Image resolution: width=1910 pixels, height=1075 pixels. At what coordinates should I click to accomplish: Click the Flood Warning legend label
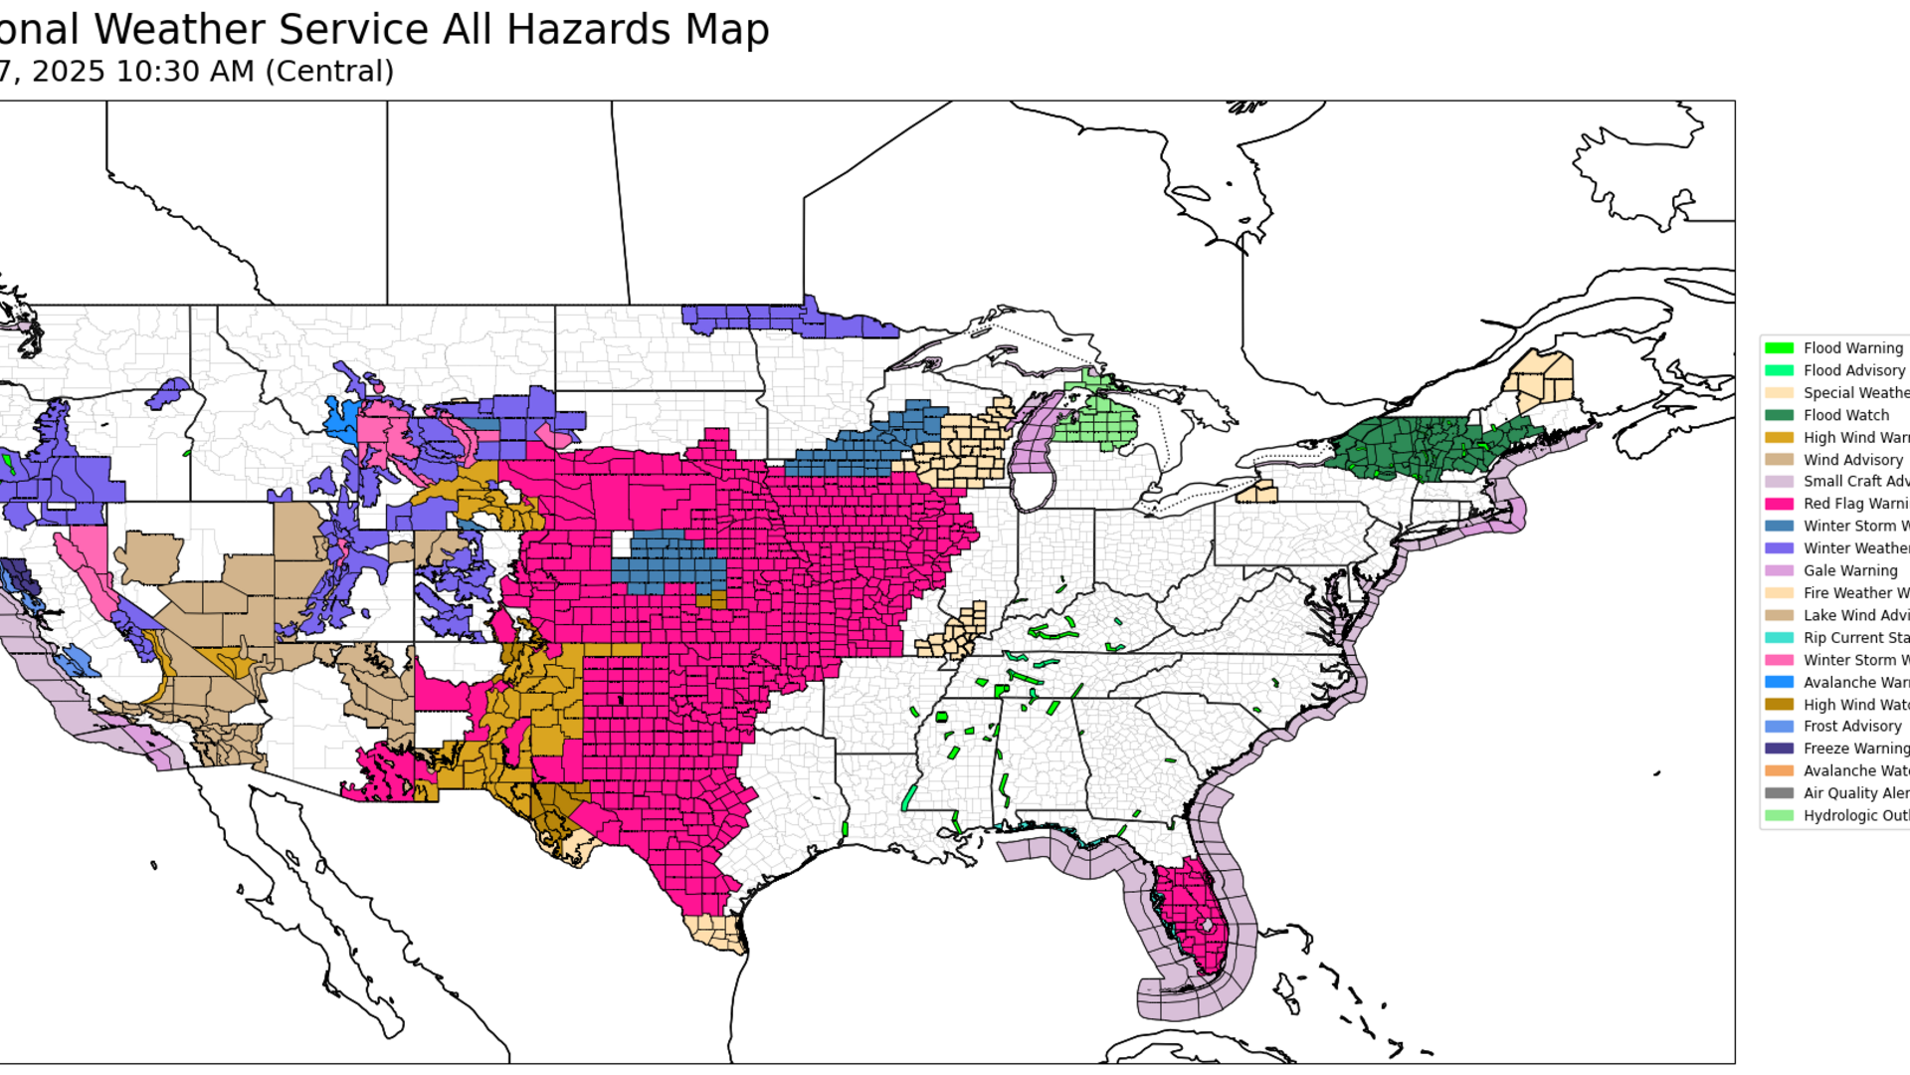point(1852,348)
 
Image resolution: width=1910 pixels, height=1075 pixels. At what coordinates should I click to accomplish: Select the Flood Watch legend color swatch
point(1779,415)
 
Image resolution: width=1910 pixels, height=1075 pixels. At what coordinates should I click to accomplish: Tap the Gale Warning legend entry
point(1849,571)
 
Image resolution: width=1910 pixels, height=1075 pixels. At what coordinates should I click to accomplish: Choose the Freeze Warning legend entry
point(1855,749)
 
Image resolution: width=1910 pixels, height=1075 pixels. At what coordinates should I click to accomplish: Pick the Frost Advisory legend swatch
point(1779,727)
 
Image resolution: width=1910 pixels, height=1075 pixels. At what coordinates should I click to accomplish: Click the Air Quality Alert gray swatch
point(1779,793)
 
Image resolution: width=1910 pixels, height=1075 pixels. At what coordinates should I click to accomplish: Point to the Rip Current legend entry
point(1855,638)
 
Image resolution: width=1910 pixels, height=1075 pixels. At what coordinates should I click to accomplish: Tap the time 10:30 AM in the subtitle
point(185,72)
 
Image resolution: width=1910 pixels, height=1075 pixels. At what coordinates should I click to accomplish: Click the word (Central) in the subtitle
point(329,72)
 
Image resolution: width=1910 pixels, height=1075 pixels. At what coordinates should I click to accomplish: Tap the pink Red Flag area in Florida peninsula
point(1189,906)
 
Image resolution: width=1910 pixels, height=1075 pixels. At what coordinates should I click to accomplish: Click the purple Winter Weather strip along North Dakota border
point(786,320)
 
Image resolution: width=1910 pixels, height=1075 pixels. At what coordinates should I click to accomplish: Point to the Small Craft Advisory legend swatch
point(1779,482)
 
